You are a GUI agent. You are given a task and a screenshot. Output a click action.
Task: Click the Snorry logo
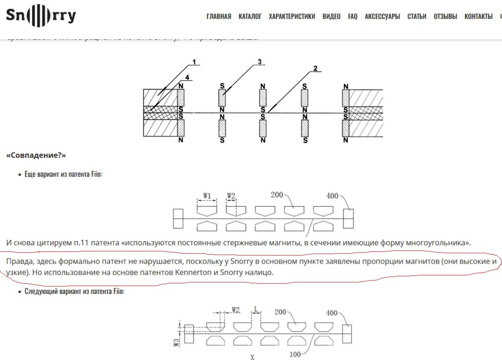41,16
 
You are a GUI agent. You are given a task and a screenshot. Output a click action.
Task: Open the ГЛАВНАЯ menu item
218,17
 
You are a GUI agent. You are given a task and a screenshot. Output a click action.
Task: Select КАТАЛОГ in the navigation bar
250,17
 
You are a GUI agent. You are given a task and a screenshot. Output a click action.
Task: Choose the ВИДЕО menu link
332,17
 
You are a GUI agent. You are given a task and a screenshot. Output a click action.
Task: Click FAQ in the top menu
352,17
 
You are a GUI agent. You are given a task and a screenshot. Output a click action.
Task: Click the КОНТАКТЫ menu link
479,17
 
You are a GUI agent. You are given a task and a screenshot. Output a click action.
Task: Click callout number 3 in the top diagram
258,63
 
